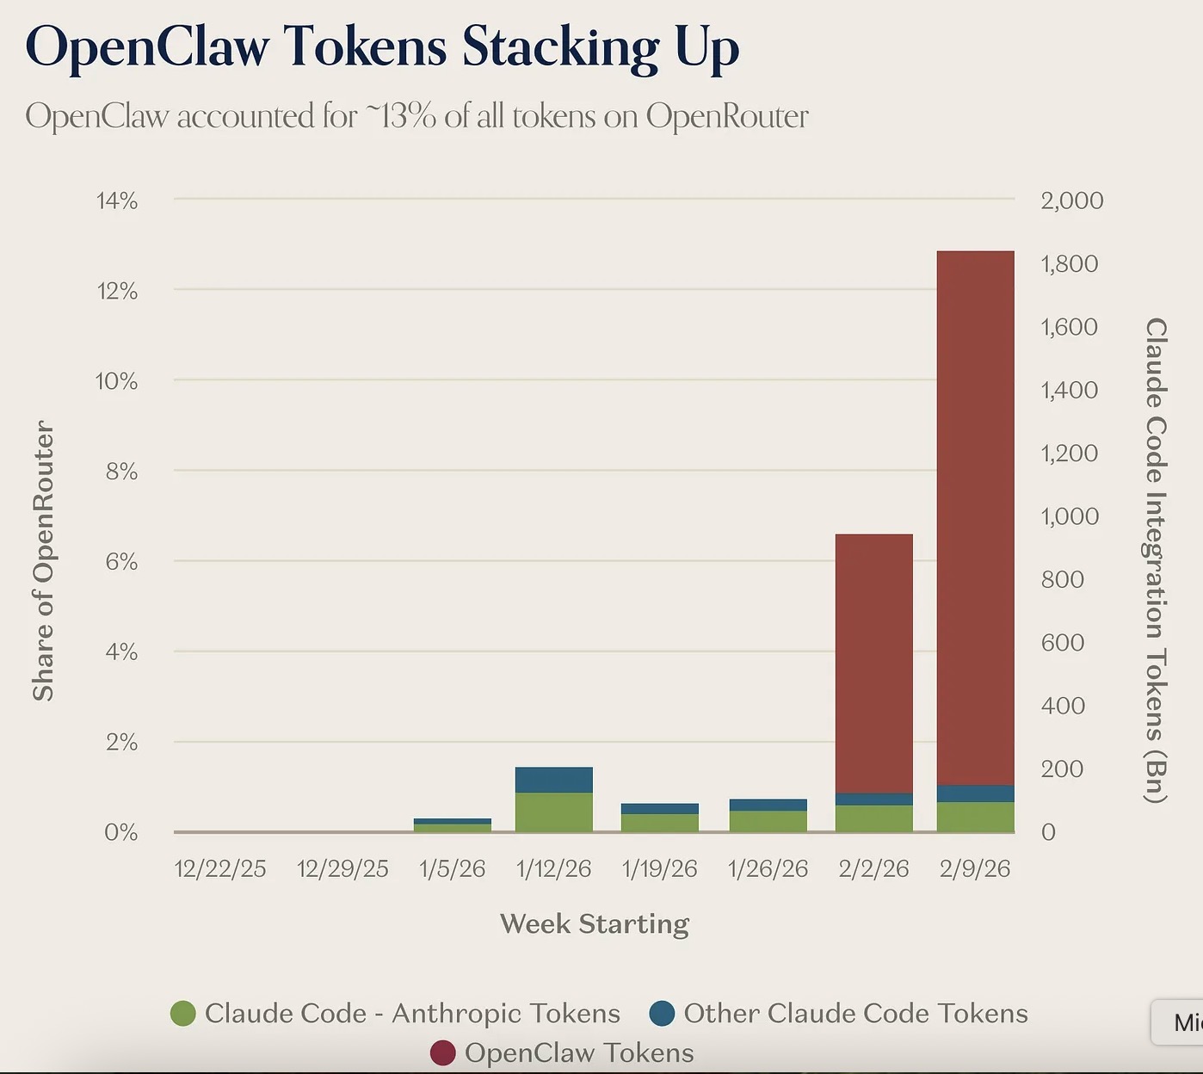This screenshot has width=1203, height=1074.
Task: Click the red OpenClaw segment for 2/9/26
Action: pos(975,516)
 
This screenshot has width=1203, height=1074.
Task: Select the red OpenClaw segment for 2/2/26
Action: pos(873,663)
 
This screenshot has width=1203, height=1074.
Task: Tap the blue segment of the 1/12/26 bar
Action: pos(553,780)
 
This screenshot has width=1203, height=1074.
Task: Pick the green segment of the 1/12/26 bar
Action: pos(553,812)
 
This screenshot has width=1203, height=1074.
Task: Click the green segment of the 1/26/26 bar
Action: pos(768,821)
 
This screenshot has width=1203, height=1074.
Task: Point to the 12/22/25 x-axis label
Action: pos(220,869)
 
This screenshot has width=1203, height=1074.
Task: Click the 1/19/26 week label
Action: pos(659,869)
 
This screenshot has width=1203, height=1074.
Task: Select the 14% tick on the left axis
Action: pos(117,201)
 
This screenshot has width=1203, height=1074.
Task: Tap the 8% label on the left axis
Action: pos(121,472)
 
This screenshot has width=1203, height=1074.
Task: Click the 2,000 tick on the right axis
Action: pos(1071,201)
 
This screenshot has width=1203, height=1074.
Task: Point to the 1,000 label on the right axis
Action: pos(1070,516)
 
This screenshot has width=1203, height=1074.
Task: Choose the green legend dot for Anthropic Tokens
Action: pos(183,1014)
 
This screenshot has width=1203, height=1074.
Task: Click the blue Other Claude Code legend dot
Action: pos(662,1014)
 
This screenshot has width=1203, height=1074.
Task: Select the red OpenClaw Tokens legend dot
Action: pos(442,1052)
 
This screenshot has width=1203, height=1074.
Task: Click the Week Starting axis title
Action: pos(595,923)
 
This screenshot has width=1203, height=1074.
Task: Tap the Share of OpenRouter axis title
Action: pos(43,561)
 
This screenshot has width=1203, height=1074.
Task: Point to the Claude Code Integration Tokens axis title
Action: pos(1156,559)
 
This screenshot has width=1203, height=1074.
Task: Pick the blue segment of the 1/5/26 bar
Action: pos(452,822)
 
